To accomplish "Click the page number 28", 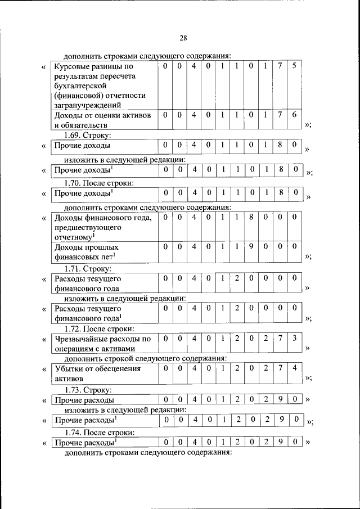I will (x=183, y=38).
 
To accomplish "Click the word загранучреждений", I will (x=88, y=105).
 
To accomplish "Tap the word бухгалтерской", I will (x=82, y=85).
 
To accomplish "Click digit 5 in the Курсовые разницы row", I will (x=294, y=66).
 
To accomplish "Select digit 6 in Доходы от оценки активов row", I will (x=294, y=115).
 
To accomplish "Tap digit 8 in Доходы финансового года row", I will (x=250, y=218).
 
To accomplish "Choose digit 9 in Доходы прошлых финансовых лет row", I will (x=250, y=246).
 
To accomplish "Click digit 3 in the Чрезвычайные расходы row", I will (x=294, y=339).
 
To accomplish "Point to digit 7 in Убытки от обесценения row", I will (x=280, y=369).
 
